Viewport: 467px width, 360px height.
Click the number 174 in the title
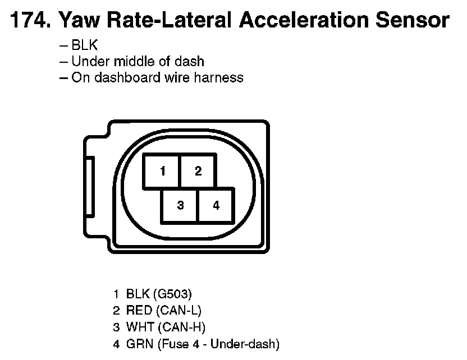[x=29, y=21]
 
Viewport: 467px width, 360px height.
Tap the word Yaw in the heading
[x=77, y=21]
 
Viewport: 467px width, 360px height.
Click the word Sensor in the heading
[x=413, y=21]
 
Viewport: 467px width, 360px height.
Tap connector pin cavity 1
[x=162, y=171]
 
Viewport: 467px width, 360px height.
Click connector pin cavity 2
[x=198, y=171]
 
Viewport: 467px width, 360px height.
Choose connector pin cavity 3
[x=180, y=205]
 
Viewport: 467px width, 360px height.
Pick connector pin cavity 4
[x=216, y=205]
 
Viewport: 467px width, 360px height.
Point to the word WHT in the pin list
[x=138, y=326]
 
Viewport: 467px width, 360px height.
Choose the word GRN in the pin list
[x=138, y=343]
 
